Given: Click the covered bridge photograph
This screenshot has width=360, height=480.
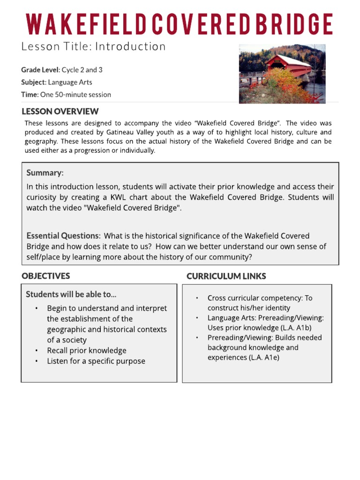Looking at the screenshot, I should click(282, 74).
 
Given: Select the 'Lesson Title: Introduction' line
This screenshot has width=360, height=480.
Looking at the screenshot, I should click(93, 46).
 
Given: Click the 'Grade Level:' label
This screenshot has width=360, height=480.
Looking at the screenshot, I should click(40, 70).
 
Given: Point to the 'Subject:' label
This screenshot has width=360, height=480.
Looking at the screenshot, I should click(33, 82).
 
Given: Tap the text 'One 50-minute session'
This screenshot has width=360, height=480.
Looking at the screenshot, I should click(75, 94).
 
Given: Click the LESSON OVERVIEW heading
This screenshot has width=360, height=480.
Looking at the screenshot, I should click(60, 112).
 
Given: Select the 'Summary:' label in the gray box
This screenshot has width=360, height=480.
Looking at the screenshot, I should click(45, 172).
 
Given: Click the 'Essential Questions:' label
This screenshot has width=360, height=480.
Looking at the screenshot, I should click(63, 236).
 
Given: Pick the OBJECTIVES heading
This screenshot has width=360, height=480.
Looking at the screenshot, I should click(45, 276).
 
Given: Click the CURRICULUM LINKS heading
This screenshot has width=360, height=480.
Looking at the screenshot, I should click(226, 276).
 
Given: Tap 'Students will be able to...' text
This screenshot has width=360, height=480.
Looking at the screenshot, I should click(71, 294).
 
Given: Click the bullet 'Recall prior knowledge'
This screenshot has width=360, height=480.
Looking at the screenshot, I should click(87, 350).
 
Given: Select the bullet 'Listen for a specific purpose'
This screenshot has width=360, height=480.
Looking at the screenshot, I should click(96, 361).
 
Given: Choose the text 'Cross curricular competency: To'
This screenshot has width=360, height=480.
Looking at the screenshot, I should click(260, 298).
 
